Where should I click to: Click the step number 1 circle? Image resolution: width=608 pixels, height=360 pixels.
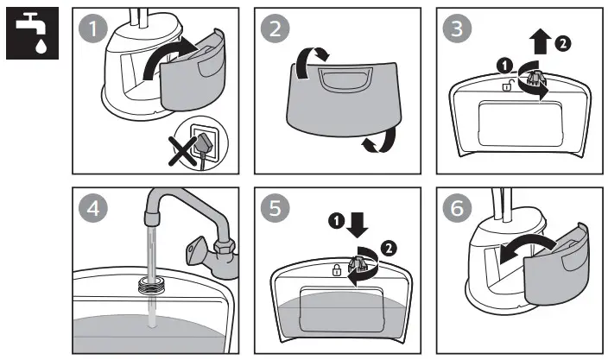[x=92, y=30]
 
